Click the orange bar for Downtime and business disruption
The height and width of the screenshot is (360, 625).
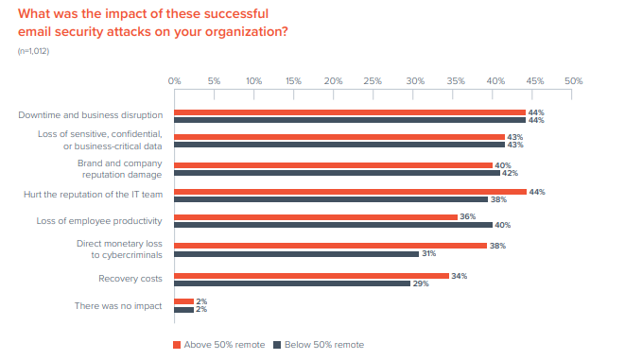tap(350, 111)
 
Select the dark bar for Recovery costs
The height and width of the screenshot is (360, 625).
tap(292, 283)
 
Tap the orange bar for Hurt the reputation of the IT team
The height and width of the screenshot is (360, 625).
tap(350, 192)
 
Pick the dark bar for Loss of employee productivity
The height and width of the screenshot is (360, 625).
tap(334, 225)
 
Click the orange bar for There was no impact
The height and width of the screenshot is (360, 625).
tap(183, 301)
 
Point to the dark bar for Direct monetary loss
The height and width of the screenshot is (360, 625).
tap(297, 253)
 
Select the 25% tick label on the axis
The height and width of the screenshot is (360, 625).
tap(373, 81)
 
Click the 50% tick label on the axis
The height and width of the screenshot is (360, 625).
tap(573, 81)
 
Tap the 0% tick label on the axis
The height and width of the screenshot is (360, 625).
tap(175, 81)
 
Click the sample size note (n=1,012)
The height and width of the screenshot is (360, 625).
tap(33, 50)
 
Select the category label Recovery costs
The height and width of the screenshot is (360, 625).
tap(130, 279)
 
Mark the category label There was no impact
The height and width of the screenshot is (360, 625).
tap(118, 306)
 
